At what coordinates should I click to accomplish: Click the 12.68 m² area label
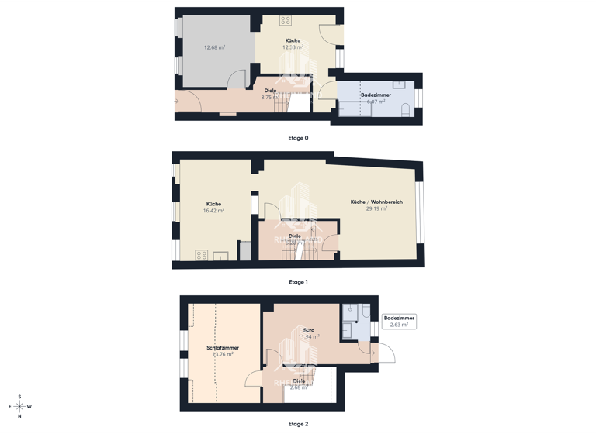click(214, 47)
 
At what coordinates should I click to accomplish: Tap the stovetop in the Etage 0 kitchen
click(286, 21)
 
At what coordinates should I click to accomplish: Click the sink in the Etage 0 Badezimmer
click(399, 84)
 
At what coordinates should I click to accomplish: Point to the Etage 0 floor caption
click(298, 138)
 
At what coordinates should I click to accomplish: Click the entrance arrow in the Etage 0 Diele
click(177, 101)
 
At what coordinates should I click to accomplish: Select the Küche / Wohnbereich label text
click(376, 201)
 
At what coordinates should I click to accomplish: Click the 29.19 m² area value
click(376, 208)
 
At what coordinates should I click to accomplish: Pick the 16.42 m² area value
click(213, 211)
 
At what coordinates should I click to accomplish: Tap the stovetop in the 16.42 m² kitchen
click(202, 255)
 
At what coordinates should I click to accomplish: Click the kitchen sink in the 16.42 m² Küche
click(220, 256)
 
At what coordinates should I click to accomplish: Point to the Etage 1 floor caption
click(297, 282)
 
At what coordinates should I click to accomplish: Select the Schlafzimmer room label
click(223, 348)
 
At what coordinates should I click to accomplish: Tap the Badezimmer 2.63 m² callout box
click(399, 321)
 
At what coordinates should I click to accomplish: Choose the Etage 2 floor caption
click(298, 424)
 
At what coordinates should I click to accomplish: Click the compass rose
click(19, 406)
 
